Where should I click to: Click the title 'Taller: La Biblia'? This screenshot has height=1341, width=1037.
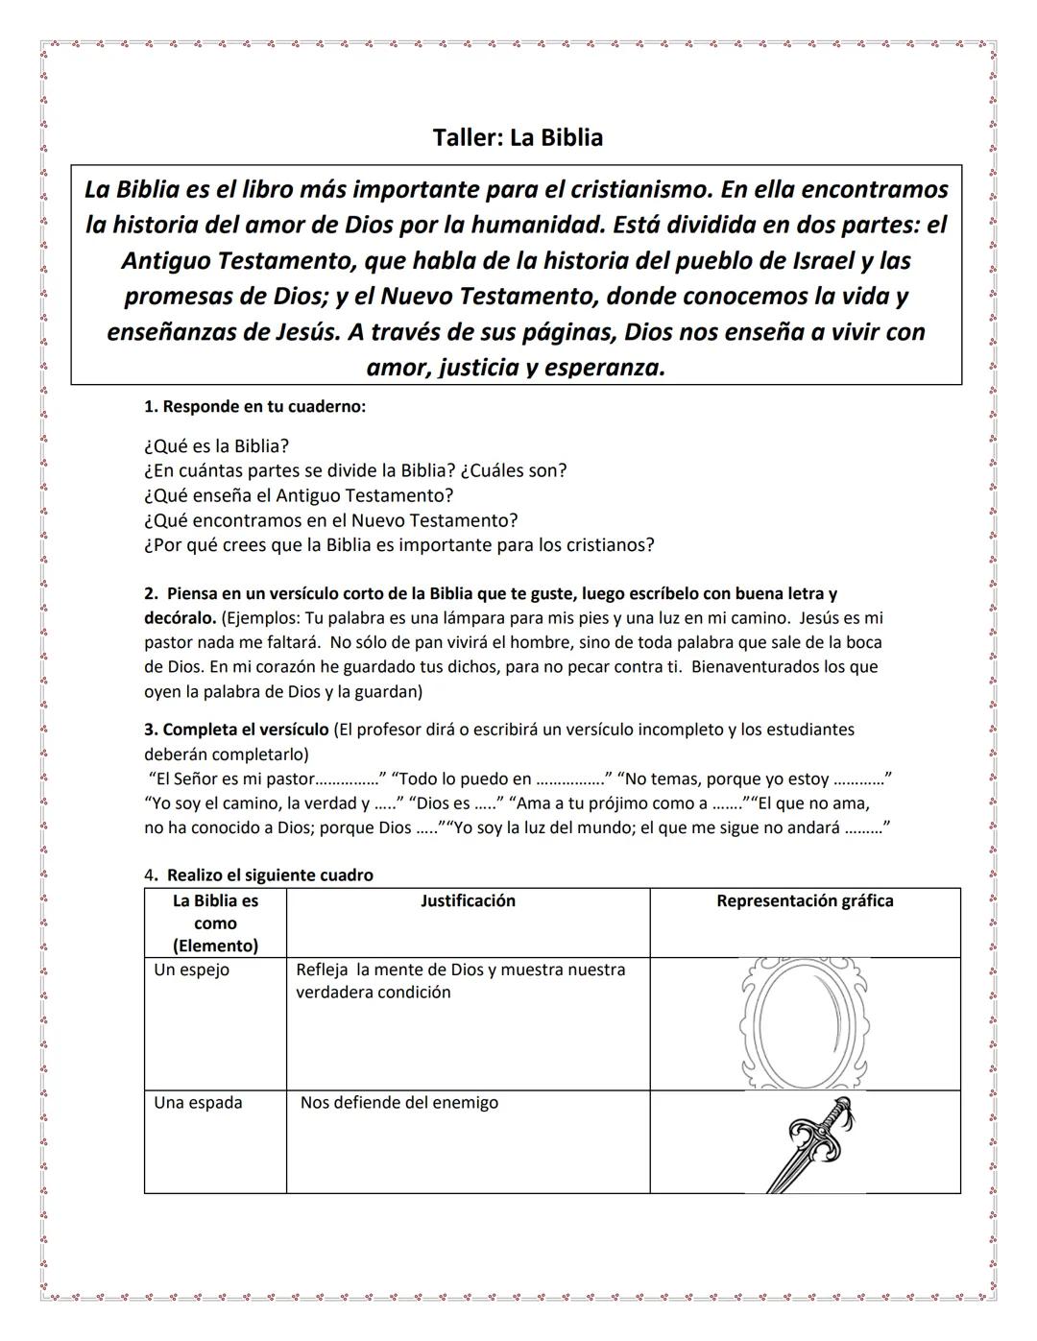point(518,137)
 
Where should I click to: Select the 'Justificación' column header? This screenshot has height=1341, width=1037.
point(468,900)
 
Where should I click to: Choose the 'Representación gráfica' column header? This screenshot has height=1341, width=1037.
point(805,900)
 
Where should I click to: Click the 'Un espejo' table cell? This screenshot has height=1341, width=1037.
point(192,970)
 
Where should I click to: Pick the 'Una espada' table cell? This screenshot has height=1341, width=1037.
point(198,1102)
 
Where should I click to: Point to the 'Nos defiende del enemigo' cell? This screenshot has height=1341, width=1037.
point(399,1102)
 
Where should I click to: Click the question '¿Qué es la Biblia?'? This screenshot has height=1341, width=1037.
point(216,445)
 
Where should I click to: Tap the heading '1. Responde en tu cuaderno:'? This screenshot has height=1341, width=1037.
point(254,406)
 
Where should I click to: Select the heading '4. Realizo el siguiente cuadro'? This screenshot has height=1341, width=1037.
point(259,874)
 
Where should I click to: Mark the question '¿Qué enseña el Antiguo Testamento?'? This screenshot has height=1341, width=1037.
point(298,495)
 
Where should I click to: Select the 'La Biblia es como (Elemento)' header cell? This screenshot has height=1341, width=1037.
point(215,922)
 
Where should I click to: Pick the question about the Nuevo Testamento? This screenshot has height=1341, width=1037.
point(330,520)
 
